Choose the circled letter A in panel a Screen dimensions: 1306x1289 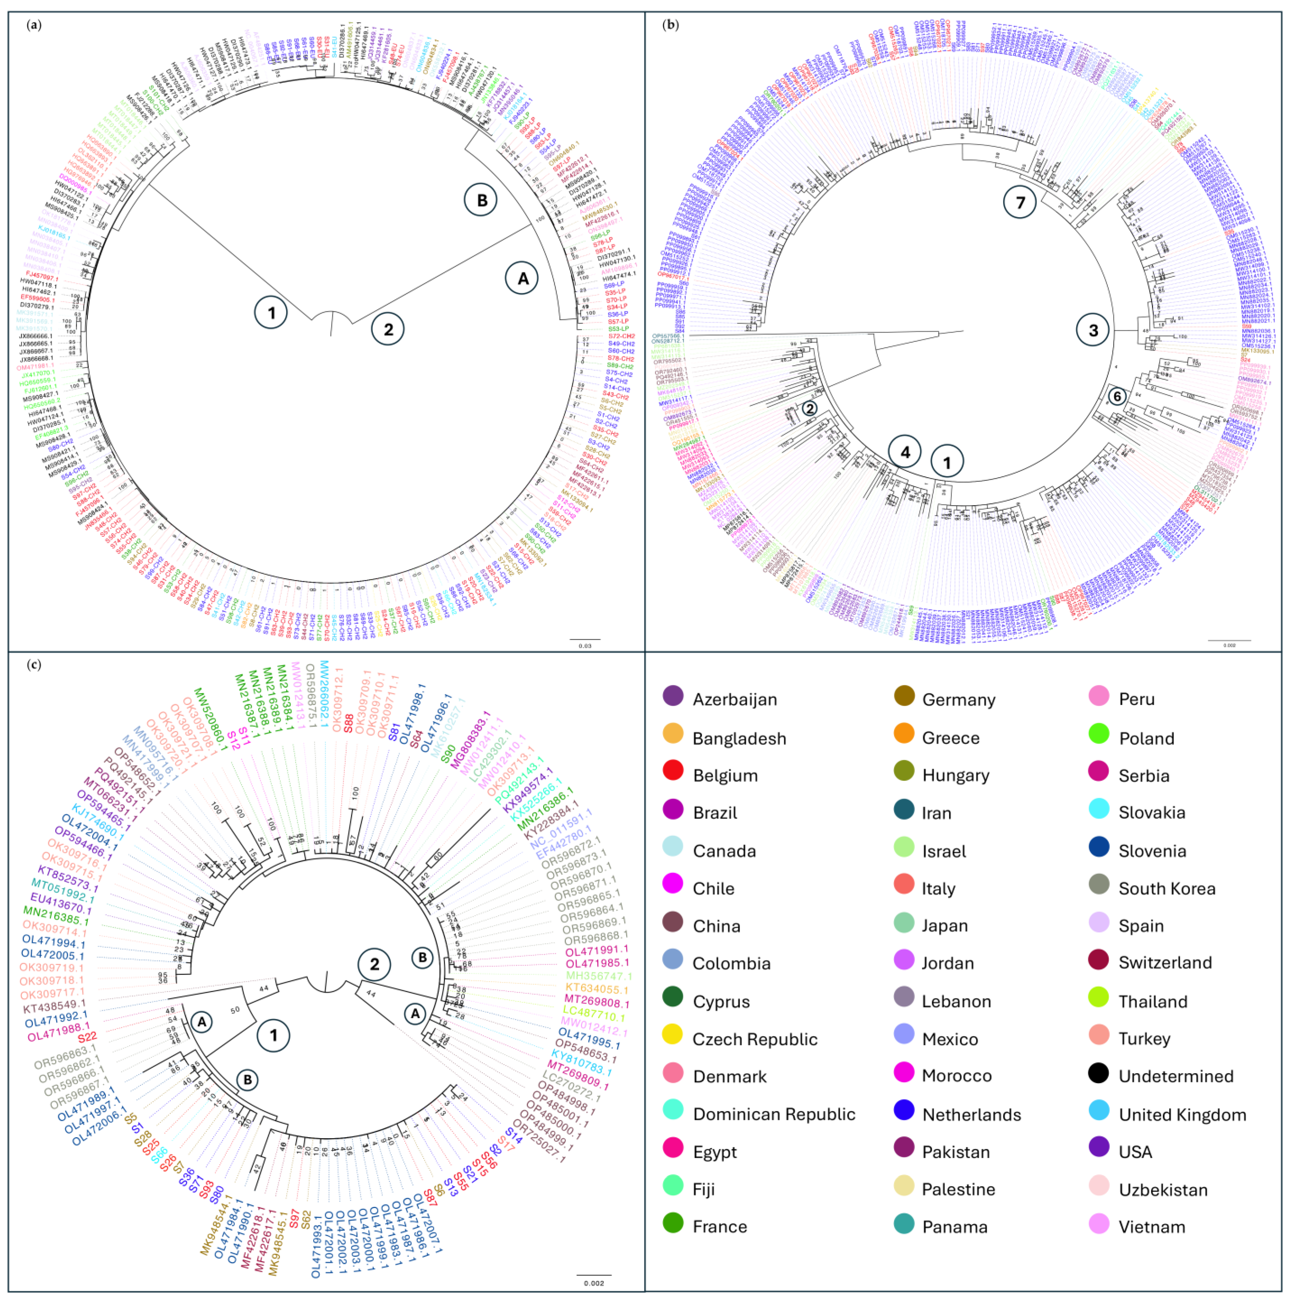click(x=522, y=278)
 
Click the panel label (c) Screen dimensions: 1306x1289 click(x=34, y=665)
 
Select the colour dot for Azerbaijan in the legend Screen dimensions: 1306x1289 click(x=673, y=696)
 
